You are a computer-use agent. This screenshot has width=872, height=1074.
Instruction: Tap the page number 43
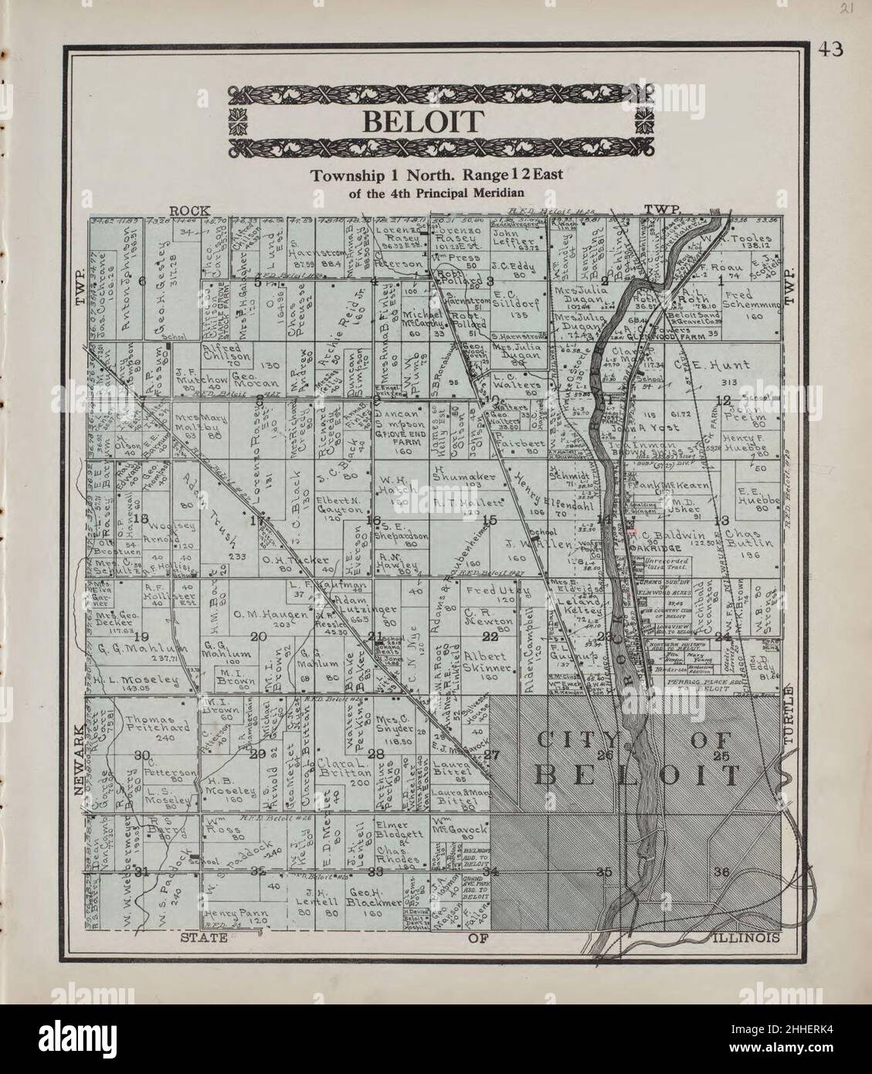click(x=831, y=49)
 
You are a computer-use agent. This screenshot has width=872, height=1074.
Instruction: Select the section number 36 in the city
click(x=722, y=872)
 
